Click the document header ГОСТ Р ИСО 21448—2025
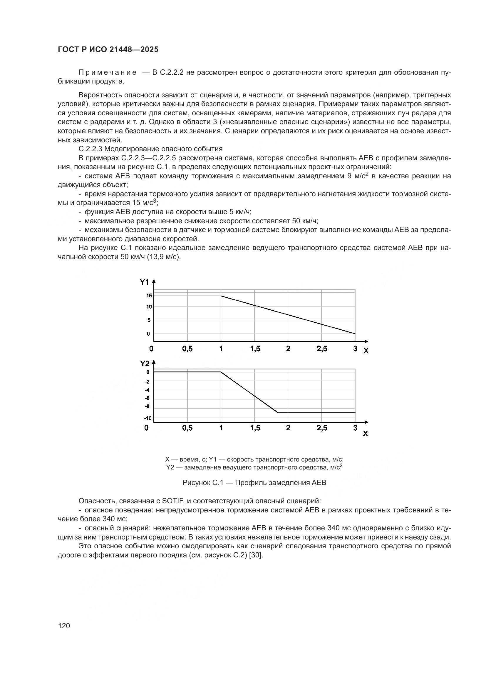tap(108, 50)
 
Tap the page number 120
tap(64, 626)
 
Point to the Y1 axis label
tap(144, 282)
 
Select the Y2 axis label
tap(145, 364)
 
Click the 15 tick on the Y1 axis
tap(149, 296)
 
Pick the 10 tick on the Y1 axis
tap(149, 306)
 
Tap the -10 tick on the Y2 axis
tap(148, 418)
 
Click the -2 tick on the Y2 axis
tap(147, 382)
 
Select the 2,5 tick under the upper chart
tap(322, 349)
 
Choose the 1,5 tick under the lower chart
tap(255, 428)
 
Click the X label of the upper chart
tap(366, 351)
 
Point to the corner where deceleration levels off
tap(278, 413)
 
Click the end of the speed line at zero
tap(355, 334)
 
